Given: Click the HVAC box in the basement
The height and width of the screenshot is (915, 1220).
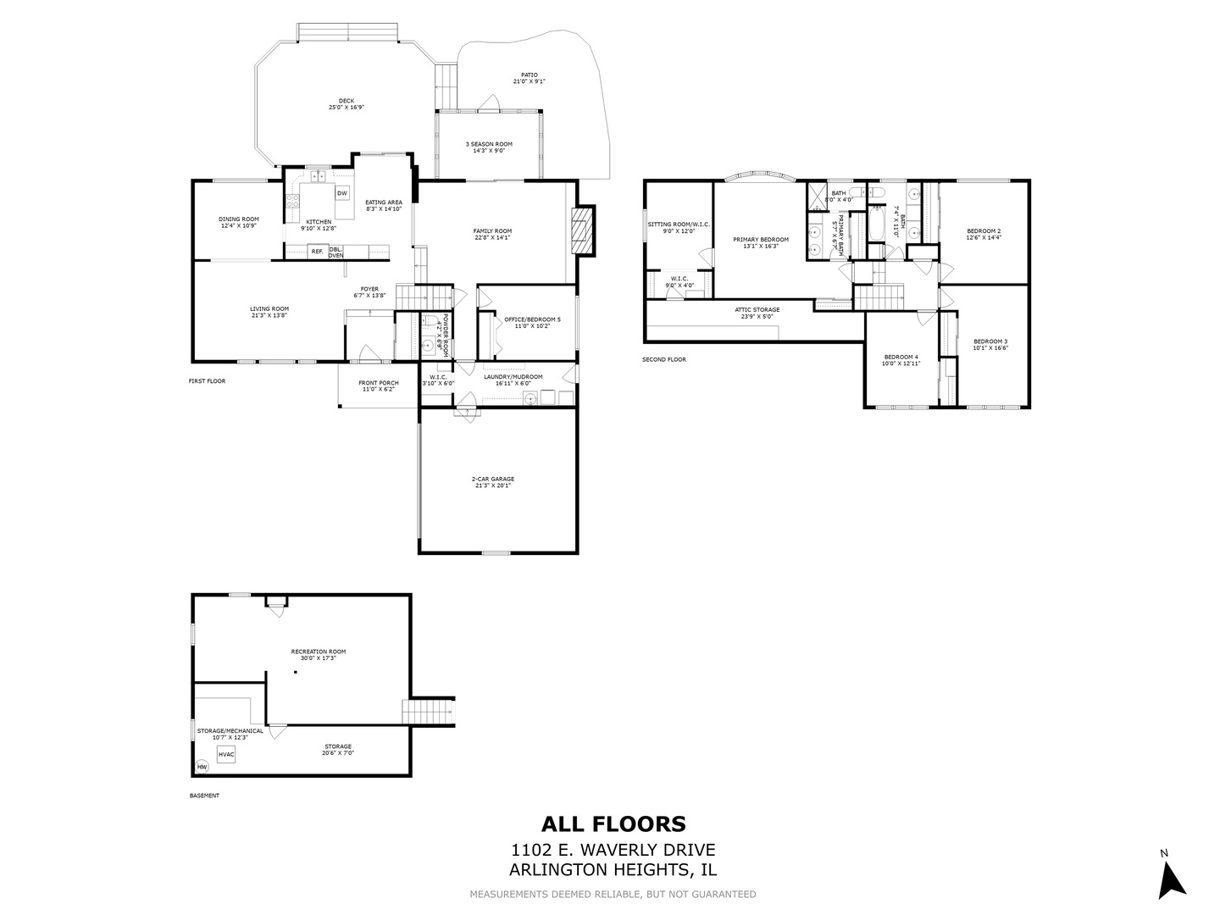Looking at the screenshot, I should (225, 754).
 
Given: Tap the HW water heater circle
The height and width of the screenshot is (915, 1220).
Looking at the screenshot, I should (202, 768).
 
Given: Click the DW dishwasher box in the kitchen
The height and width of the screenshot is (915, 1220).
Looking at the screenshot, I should (342, 193).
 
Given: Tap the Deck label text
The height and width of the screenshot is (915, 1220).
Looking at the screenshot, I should (347, 104).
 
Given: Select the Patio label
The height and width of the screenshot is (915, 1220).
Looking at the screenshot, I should (529, 78).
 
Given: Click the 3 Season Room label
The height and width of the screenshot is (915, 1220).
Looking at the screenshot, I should (489, 147).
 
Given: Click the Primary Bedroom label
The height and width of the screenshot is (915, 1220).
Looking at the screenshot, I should (761, 243).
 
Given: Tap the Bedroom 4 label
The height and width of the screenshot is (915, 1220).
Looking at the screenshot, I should (900, 360).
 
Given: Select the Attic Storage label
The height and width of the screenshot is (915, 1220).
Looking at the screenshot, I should (757, 313).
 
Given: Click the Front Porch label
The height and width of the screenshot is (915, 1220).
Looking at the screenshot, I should (378, 386).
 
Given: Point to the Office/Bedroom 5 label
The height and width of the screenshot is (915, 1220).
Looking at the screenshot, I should (532, 323).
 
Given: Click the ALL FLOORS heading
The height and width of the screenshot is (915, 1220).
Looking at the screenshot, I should (613, 823).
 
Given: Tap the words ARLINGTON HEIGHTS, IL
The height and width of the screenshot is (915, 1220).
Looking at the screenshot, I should (613, 870).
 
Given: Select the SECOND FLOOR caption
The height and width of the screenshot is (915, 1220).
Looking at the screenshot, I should (664, 359).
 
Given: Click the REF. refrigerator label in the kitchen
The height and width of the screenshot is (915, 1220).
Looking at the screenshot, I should (317, 251).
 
